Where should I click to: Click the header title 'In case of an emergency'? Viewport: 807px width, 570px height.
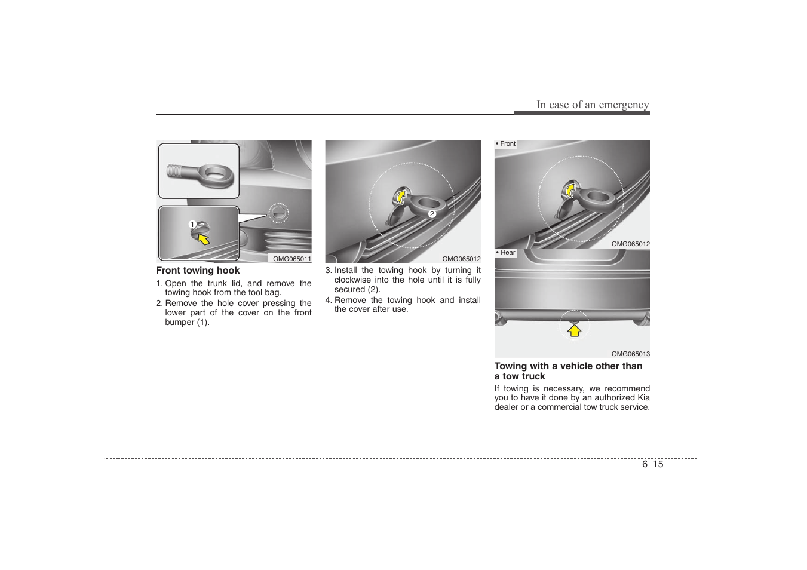tap(592, 105)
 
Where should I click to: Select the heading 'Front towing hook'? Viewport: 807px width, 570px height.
tap(198, 271)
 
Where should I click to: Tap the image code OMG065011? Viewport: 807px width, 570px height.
tap(291, 259)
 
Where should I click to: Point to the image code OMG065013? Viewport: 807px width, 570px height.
tap(630, 354)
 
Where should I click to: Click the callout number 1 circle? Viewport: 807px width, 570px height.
tap(192, 225)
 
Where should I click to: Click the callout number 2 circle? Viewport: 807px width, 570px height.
tap(432, 213)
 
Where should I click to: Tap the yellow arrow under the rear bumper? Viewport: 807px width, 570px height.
tap(574, 330)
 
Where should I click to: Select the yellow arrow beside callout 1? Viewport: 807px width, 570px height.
tap(204, 239)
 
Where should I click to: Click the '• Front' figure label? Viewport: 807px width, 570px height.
tap(506, 144)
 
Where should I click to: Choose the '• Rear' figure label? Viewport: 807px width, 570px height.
tap(506, 253)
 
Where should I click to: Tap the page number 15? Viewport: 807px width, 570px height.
tap(658, 464)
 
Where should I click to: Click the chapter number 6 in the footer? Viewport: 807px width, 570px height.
tap(645, 464)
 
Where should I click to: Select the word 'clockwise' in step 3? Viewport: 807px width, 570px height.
tap(352, 280)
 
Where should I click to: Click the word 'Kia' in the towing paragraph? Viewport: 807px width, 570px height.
tap(643, 397)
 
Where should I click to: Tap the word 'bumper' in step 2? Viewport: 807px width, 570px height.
tap(179, 322)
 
